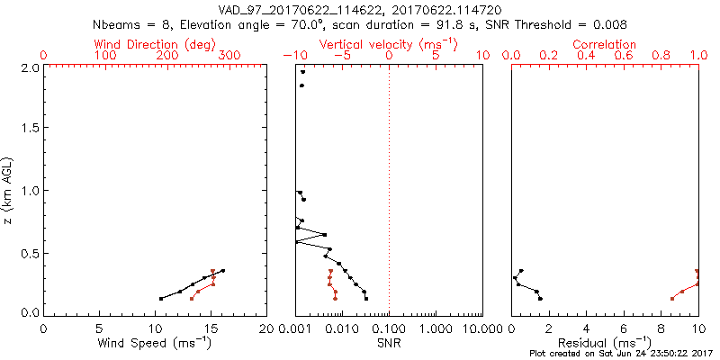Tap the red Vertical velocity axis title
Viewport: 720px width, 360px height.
tap(388, 44)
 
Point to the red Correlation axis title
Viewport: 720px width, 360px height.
tap(605, 44)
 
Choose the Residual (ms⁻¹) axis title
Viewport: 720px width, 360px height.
tap(605, 344)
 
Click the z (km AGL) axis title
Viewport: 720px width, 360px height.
tap(11, 190)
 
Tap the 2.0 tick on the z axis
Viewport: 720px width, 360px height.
tap(31, 67)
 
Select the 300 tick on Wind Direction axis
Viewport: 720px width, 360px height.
tap(230, 56)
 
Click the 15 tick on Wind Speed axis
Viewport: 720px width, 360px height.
tap(211, 328)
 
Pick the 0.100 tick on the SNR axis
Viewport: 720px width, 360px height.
tap(389, 328)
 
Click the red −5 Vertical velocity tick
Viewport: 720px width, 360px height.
tap(341, 56)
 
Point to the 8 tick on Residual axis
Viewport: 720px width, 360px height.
tap(661, 328)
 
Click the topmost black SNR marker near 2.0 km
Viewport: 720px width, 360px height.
tap(303, 72)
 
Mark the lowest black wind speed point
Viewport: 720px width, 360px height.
tap(161, 299)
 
